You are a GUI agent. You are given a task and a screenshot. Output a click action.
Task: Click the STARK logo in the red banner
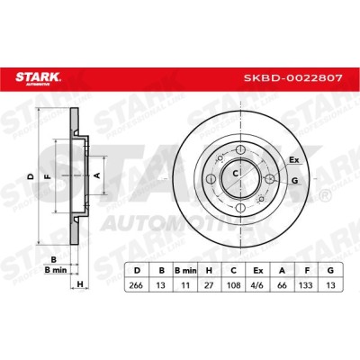[x=38, y=77]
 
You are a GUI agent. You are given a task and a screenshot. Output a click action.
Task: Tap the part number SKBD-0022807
[x=292, y=78]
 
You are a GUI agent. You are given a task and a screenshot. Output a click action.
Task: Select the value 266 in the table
[x=137, y=284]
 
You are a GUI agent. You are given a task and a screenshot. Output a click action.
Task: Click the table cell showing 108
[x=233, y=284]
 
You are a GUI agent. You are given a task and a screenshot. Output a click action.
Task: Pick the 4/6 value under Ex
[x=257, y=284]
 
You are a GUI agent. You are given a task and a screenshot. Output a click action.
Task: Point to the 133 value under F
[x=306, y=284]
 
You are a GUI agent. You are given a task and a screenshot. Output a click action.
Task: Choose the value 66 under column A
[x=282, y=284]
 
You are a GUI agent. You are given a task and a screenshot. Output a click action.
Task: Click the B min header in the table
[x=185, y=270]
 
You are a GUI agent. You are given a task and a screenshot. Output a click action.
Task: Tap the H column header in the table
[x=209, y=270]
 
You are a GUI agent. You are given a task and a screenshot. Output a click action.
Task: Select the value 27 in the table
[x=209, y=284]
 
